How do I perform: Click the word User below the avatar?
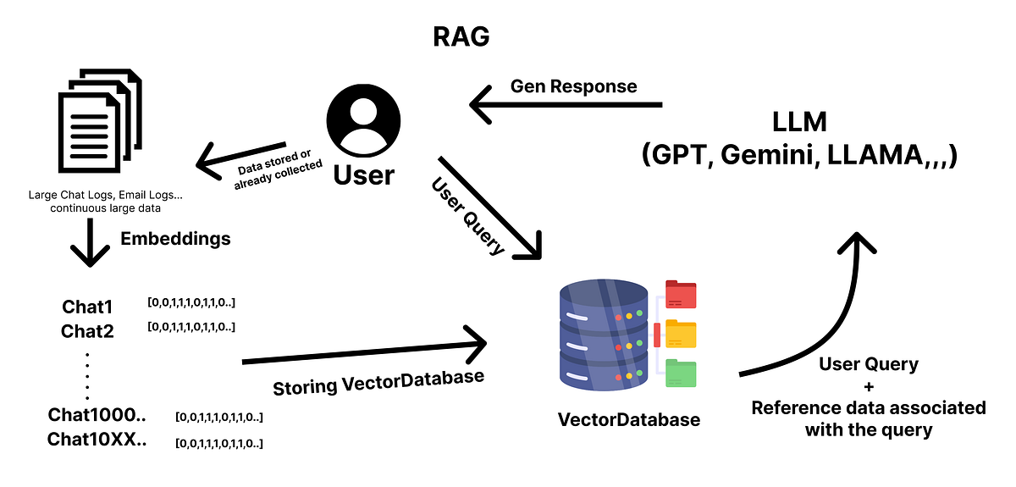pyautogui.click(x=363, y=174)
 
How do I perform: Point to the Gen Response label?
pyautogui.click(x=573, y=86)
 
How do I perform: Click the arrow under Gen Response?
pyautogui.click(x=566, y=106)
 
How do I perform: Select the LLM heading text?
pyautogui.click(x=799, y=122)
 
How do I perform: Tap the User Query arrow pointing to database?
pyautogui.click(x=491, y=208)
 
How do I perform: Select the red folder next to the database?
pyautogui.click(x=681, y=294)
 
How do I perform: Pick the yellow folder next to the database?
pyautogui.click(x=681, y=334)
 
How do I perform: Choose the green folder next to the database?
pyautogui.click(x=681, y=374)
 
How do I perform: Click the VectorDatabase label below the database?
pyautogui.click(x=628, y=419)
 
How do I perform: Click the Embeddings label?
pyautogui.click(x=175, y=239)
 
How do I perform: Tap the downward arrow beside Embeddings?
pyautogui.click(x=90, y=244)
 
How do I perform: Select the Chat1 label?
pyautogui.click(x=87, y=307)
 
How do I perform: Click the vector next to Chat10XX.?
pyautogui.click(x=219, y=443)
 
